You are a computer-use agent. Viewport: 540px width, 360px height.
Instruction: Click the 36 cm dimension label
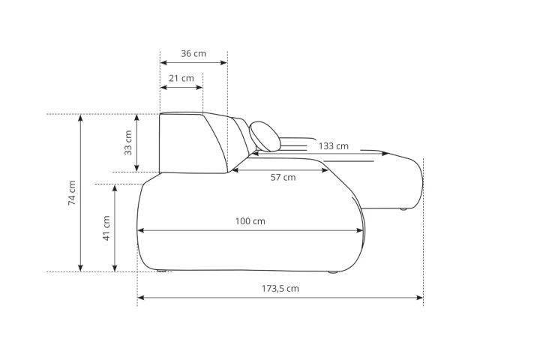pos(193,54)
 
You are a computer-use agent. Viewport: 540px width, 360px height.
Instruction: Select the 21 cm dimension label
pos(181,79)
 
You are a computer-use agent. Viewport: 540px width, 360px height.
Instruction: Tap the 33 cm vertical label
pos(128,142)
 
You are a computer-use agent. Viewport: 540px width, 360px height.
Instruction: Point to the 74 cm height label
pos(72,193)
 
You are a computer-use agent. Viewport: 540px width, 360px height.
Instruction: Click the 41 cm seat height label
pos(106,228)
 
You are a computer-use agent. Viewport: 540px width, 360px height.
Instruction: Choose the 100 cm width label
pos(250,221)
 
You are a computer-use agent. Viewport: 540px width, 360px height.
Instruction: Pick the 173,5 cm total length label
pos(280,288)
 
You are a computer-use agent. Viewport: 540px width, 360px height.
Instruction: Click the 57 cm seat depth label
pos(283,178)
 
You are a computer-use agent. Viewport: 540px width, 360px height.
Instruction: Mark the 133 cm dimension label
pos(333,146)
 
